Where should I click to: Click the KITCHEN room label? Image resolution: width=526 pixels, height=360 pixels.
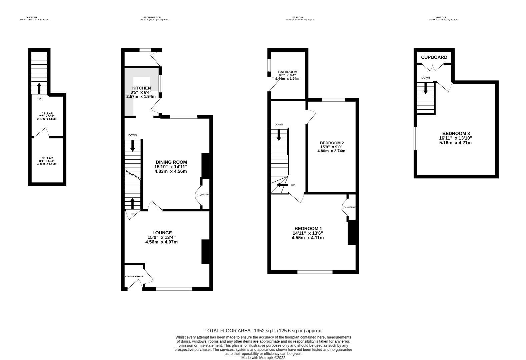point(141,88)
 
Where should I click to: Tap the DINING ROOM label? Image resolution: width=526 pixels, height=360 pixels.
point(171,162)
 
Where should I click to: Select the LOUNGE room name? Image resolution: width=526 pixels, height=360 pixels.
point(162,233)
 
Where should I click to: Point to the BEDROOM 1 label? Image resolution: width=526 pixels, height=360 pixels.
point(308,229)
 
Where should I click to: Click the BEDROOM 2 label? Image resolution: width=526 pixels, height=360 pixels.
point(332,143)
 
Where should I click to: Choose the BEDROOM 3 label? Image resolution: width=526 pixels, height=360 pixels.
point(456,133)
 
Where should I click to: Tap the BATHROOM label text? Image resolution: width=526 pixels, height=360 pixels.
point(288,72)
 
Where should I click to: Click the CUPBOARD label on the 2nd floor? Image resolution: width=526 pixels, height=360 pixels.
point(434,57)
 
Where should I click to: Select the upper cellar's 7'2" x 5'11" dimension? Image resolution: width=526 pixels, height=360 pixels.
point(47,116)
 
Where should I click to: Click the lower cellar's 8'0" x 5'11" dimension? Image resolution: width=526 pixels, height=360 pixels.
point(47,161)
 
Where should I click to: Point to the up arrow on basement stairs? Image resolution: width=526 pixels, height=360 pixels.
point(39,89)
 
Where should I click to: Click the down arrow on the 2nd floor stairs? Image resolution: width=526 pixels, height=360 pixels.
point(426,88)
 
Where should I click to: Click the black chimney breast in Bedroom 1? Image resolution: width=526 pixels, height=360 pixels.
point(352,233)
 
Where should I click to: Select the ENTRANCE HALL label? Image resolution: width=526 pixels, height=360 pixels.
point(133,276)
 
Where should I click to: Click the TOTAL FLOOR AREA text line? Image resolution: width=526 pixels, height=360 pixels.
point(263,331)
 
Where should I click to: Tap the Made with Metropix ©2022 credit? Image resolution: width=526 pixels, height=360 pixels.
point(263,358)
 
